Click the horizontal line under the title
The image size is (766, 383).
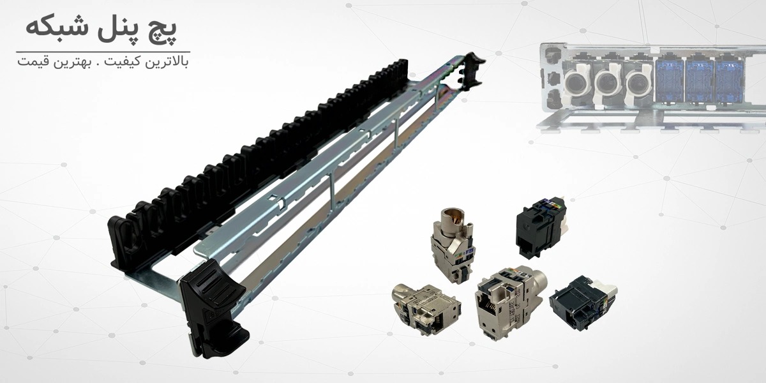pos(103,52)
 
